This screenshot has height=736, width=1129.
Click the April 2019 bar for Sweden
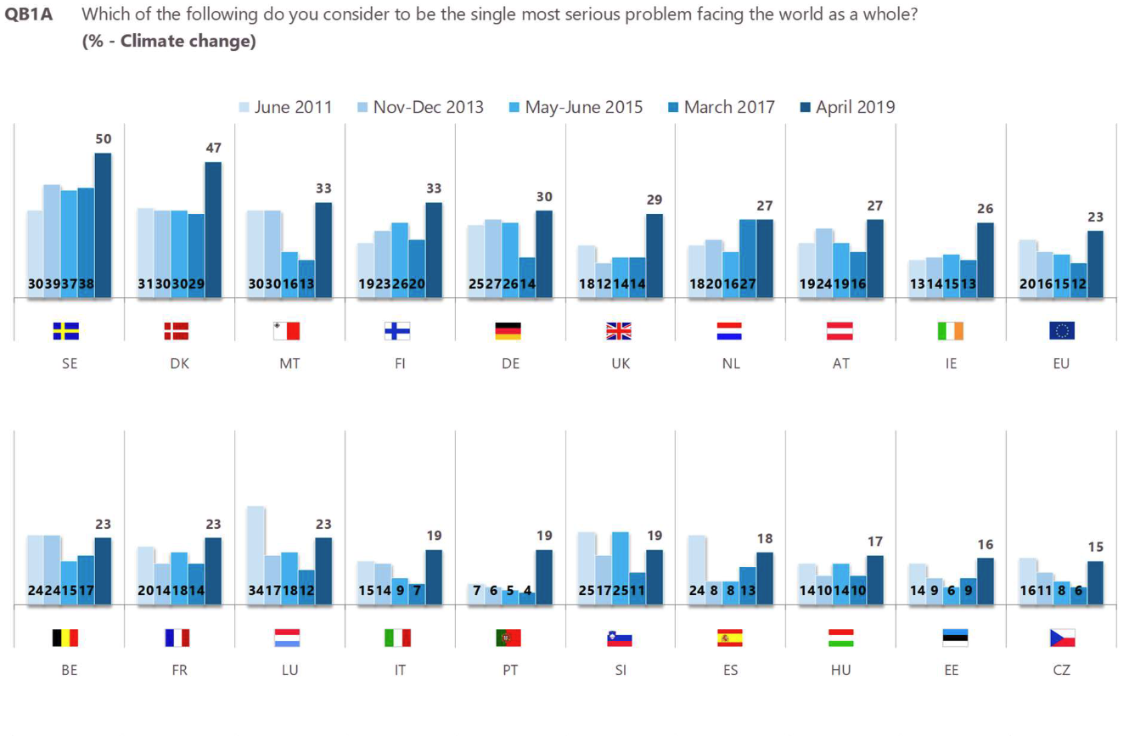pyautogui.click(x=103, y=225)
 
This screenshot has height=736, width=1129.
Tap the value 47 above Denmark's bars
pyautogui.click(x=213, y=148)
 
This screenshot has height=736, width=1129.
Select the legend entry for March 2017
pyautogui.click(x=722, y=107)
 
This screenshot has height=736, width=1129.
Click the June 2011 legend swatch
pyautogui.click(x=244, y=108)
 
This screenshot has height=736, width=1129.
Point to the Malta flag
pyautogui.click(x=287, y=331)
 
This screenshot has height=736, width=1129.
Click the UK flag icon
pyautogui.click(x=619, y=331)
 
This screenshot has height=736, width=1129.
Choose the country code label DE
pyautogui.click(x=510, y=363)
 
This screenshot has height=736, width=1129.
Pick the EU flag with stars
pyautogui.click(x=1062, y=331)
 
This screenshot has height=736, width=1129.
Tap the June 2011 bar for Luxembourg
pyautogui.click(x=256, y=555)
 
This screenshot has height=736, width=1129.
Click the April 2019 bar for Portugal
pyautogui.click(x=544, y=577)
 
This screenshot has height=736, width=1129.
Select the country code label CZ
pyautogui.click(x=1062, y=670)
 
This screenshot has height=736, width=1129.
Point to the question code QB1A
pyautogui.click(x=29, y=14)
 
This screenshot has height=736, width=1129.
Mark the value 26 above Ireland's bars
pyautogui.click(x=986, y=209)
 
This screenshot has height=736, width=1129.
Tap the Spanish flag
pyautogui.click(x=730, y=638)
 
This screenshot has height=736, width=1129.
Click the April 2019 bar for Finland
pyautogui.click(x=434, y=250)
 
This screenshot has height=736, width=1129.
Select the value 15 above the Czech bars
pyautogui.click(x=1096, y=548)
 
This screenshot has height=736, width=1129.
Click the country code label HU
pyautogui.click(x=841, y=670)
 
